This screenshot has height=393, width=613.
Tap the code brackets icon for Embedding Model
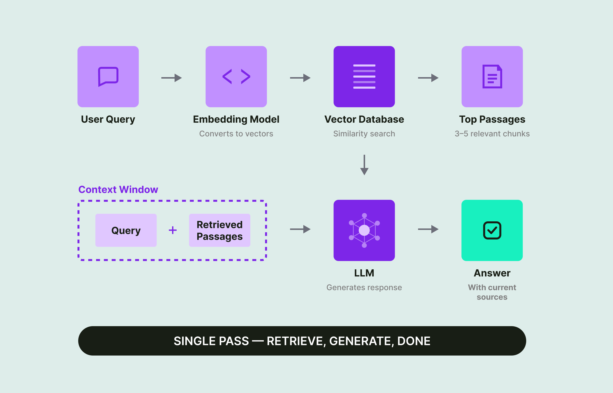236,77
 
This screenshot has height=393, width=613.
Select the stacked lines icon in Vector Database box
364,77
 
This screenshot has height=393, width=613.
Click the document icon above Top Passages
492,77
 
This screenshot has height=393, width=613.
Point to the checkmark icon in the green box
492,230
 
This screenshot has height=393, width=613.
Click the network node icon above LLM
364,230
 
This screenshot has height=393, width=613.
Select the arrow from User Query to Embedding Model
171,78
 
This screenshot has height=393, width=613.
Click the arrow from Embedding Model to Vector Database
300,78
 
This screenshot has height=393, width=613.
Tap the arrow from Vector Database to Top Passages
428,78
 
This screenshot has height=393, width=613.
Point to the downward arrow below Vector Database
364,165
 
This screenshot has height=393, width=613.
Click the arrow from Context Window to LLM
300,229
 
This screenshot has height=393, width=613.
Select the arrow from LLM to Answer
428,229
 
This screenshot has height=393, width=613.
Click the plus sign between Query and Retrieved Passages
173,230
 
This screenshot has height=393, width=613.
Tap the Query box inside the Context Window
126,230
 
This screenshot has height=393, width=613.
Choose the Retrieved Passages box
219,230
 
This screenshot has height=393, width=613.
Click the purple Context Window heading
118,190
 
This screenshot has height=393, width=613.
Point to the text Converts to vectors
236,134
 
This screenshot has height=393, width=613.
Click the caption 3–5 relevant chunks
492,134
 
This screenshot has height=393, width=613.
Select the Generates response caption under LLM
364,288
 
